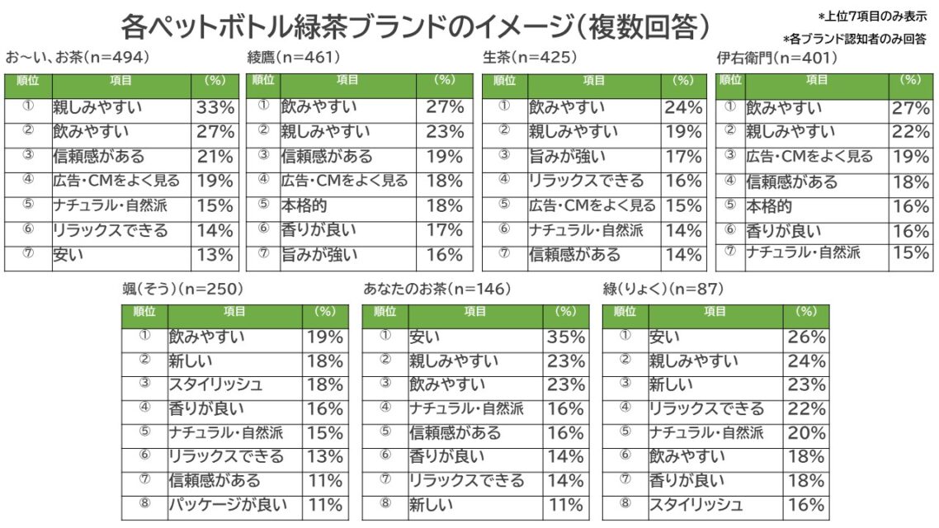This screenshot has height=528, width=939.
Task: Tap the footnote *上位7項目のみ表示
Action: point(872,16)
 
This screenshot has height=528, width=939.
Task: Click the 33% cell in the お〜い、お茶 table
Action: point(215,107)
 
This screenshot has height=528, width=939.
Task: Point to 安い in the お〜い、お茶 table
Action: point(63,255)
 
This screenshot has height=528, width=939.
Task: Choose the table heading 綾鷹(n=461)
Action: point(294,58)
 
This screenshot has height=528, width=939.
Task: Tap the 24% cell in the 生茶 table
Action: point(683,107)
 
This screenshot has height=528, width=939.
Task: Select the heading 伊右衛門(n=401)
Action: point(776,58)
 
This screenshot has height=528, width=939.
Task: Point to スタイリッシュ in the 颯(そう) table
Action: point(216,384)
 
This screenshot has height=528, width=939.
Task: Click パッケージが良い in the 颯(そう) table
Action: point(228,504)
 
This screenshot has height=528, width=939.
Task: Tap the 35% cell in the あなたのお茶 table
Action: point(566,337)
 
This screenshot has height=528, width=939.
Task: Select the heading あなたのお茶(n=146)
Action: point(437,289)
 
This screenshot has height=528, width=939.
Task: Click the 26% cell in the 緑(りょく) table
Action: point(806,337)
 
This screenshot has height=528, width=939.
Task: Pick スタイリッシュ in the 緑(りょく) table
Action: point(696,504)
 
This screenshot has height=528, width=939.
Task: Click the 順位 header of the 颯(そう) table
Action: point(144,312)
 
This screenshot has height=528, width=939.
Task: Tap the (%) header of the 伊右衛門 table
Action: point(910,80)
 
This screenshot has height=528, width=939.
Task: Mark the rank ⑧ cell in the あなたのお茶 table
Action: point(385,504)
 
